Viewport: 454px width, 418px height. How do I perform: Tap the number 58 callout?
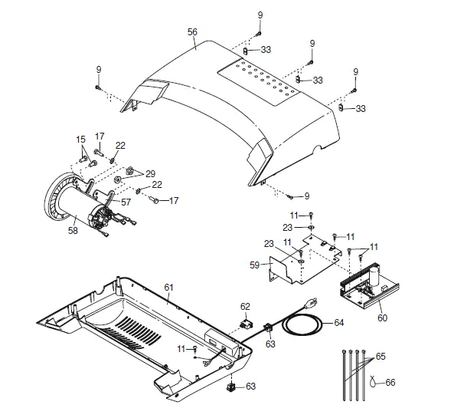click(73, 229)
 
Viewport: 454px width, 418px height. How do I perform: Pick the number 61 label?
click(168, 286)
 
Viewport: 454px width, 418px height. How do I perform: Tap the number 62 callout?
click(246, 307)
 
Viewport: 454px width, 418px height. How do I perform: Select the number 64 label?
click(339, 323)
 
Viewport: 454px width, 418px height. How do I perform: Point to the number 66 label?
click(391, 382)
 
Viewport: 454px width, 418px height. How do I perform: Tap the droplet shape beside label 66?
click(374, 381)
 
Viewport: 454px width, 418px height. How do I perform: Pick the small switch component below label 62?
click(246, 322)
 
